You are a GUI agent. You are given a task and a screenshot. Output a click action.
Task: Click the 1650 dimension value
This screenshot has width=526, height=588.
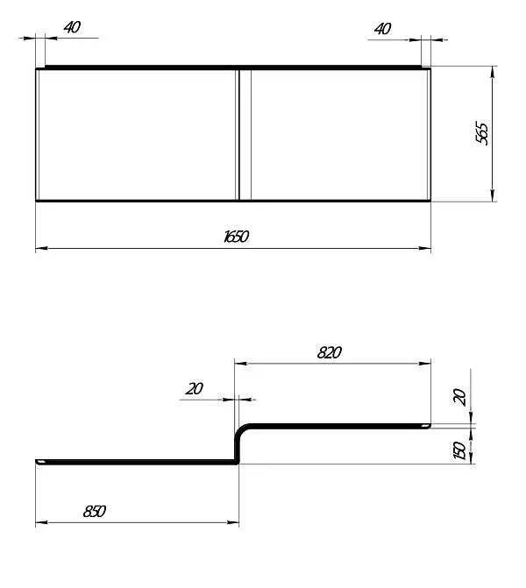(236, 237)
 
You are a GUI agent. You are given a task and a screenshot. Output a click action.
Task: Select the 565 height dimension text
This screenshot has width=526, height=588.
(481, 132)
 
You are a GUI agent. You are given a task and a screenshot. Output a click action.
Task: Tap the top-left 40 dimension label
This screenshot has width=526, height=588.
(72, 27)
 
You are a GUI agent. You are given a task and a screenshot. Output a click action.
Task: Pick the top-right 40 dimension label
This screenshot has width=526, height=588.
(382, 28)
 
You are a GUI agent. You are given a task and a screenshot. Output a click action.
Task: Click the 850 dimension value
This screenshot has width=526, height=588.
(94, 511)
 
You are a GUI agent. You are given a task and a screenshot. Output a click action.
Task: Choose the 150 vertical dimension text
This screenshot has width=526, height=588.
(458, 450)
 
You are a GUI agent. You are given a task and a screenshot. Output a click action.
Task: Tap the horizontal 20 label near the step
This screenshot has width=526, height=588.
(194, 388)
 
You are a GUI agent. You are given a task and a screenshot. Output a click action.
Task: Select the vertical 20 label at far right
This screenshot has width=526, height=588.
(458, 397)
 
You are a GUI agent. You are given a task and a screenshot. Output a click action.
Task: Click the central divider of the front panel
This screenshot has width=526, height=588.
(245, 134)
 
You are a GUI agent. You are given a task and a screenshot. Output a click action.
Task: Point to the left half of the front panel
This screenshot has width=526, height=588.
(136, 134)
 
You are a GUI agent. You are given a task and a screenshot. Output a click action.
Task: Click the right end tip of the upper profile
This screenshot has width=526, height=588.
(429, 426)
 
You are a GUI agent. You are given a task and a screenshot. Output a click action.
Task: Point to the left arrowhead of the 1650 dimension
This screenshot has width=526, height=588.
(39, 249)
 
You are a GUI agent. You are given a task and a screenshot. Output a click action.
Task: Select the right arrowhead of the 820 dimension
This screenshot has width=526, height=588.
(428, 364)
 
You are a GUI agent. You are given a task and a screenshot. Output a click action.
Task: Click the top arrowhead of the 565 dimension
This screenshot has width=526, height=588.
(493, 70)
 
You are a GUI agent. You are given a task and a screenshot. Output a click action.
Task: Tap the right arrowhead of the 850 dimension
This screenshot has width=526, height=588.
(235, 523)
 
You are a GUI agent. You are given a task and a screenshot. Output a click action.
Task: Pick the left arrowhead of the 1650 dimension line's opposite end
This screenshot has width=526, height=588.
(428, 249)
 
